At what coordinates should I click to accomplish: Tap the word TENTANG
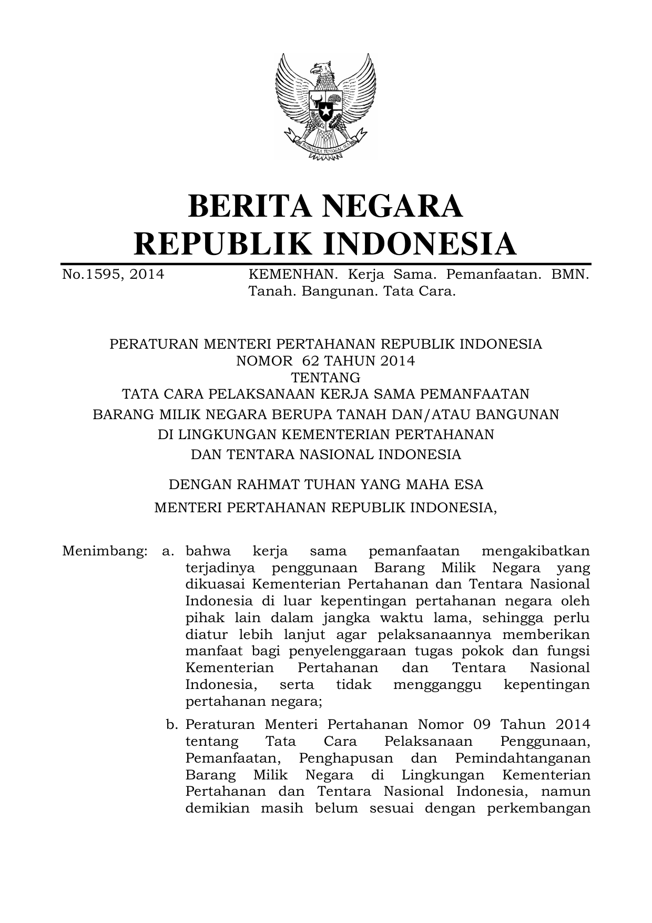tap(325, 378)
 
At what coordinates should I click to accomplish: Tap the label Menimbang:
tap(104, 551)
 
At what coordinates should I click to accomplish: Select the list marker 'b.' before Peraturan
tap(171, 725)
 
